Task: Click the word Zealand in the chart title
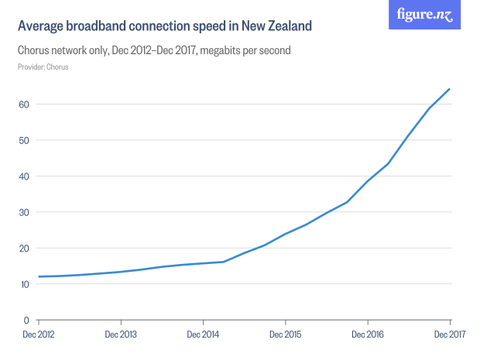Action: pos(288,26)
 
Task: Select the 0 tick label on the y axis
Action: pos(26,320)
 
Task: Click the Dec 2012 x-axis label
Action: pos(38,334)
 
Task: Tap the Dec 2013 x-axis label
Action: pos(120,334)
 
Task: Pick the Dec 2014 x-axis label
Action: pos(203,334)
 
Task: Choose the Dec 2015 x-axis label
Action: pos(285,334)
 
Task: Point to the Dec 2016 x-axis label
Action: pos(368,334)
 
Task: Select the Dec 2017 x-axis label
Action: pos(449,334)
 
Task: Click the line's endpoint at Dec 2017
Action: pos(450,89)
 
